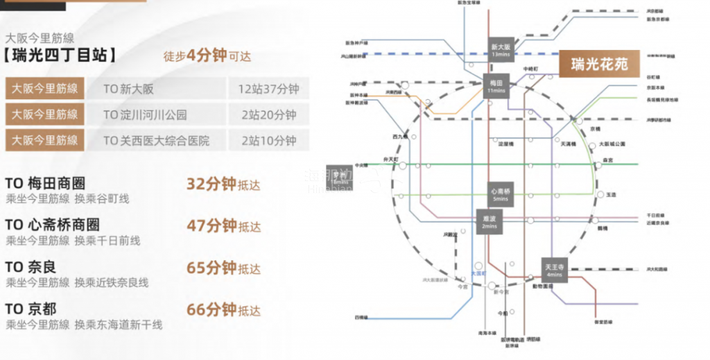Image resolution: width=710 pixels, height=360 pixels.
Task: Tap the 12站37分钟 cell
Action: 268,89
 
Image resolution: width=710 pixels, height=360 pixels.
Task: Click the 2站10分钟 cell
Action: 268,140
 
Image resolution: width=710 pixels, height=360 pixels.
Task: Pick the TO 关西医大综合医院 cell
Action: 156,140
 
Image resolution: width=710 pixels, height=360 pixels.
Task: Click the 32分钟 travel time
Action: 211,184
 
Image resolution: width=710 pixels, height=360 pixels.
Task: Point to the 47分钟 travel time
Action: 211,225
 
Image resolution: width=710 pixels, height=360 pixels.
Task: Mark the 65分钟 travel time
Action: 211,268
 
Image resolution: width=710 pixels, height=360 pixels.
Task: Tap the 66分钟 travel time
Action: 211,309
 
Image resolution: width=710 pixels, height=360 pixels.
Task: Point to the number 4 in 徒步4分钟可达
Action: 191,55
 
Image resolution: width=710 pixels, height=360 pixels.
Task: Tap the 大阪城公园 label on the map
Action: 612,144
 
